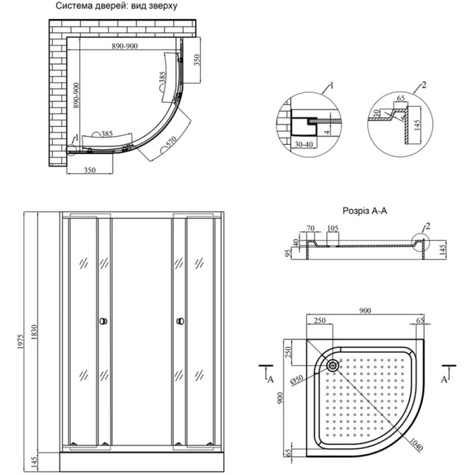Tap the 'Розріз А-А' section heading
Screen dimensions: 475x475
(365, 210)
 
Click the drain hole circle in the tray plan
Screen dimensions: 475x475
(332, 366)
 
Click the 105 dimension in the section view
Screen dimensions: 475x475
(332, 229)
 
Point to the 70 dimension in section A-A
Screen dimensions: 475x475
(310, 229)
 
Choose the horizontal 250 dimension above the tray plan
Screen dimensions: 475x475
(320, 321)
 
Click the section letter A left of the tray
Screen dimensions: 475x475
(271, 378)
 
